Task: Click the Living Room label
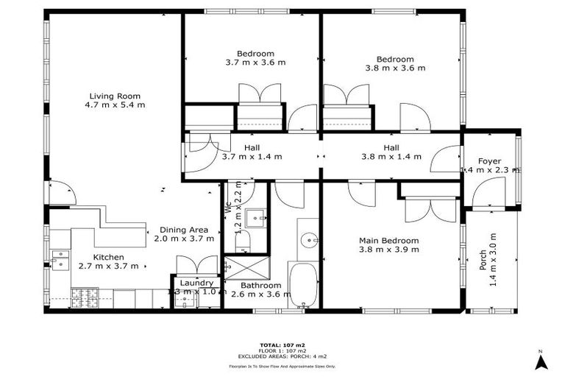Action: tap(115, 96)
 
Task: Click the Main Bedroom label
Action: tap(388, 240)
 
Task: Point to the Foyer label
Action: tap(489, 161)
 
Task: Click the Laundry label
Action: tap(196, 283)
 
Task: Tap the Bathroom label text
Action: tap(256, 285)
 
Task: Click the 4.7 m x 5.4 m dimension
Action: tap(115, 105)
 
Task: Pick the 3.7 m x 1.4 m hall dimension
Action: tap(252, 156)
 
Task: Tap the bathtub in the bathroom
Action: tap(303, 287)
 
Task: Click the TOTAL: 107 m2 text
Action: tap(282, 345)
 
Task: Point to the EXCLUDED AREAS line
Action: tap(282, 356)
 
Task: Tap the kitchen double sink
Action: tap(61, 258)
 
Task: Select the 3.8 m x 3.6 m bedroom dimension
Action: tap(395, 68)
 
